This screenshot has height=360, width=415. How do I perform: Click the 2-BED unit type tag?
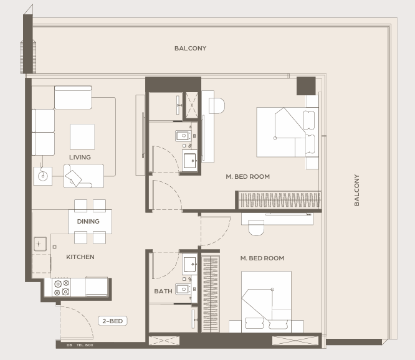[113, 321]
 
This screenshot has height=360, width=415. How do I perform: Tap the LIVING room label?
[80, 158]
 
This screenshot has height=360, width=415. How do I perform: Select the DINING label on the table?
[88, 221]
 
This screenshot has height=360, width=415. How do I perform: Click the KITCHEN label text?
[80, 257]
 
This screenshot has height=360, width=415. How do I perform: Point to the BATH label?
[163, 291]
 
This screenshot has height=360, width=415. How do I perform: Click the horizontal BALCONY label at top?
[190, 48]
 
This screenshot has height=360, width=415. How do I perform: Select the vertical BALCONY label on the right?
[357, 190]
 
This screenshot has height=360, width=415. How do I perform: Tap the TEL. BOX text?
[85, 345]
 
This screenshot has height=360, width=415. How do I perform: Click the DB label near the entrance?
[69, 345]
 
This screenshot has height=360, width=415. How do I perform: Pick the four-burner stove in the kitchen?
[62, 287]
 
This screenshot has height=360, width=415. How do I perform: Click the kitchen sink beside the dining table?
[41, 244]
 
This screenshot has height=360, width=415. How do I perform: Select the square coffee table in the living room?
[82, 136]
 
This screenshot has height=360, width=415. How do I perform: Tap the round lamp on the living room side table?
[42, 176]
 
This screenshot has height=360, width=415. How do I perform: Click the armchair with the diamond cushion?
[83, 176]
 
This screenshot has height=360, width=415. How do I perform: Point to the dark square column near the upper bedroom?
[306, 86]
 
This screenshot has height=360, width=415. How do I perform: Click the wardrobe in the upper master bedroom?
[278, 200]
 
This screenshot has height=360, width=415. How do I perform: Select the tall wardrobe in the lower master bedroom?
[211, 294]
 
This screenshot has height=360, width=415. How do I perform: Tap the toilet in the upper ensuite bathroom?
[183, 136]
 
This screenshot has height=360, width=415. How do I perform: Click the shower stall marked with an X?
[192, 105]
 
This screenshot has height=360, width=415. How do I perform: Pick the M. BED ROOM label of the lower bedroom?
[262, 258]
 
